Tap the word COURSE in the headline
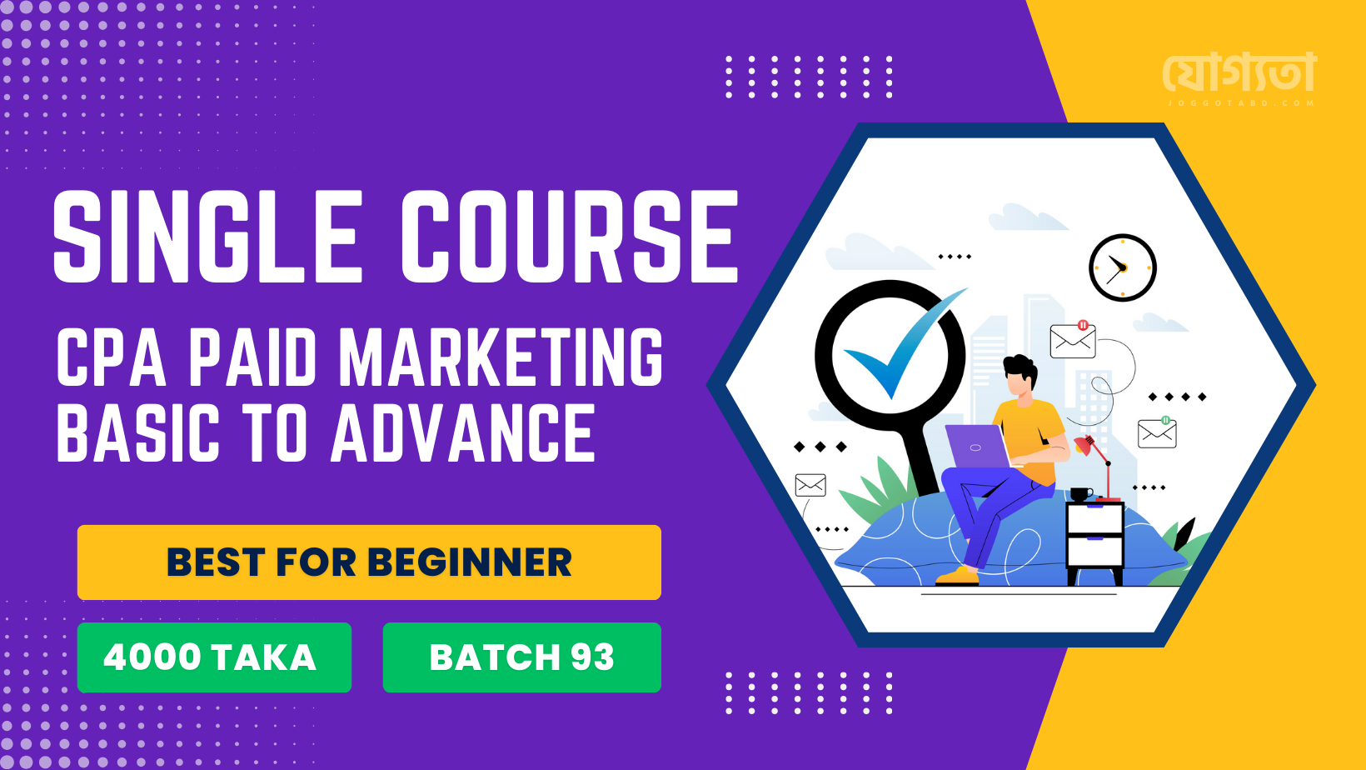coord(568,236)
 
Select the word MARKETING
coord(501,357)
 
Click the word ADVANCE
coord(463,432)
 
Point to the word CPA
coord(112,357)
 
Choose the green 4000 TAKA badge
coord(214,657)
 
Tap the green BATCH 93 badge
coord(522,657)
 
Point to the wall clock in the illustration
coord(1123,267)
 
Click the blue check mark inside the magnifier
coord(905,342)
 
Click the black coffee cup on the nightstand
coord(1081,493)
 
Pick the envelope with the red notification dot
coord(1073,339)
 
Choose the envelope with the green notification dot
coord(1157,432)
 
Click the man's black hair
coord(1021,370)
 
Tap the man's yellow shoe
coord(957,576)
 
